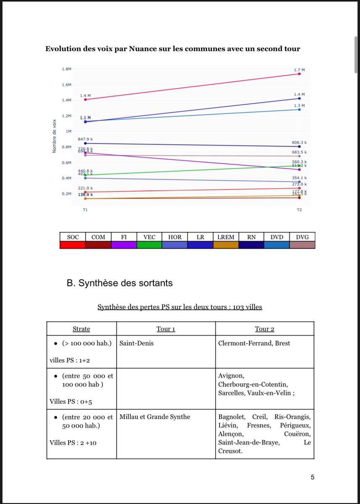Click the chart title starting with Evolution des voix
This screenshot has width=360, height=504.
pyautogui.click(x=172, y=49)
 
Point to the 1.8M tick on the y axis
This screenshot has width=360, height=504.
pyautogui.click(x=67, y=69)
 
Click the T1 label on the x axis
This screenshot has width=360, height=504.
pyautogui.click(x=85, y=209)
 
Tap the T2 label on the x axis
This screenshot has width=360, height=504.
pyautogui.click(x=299, y=209)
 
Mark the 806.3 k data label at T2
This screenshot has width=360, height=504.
pyautogui.click(x=300, y=142)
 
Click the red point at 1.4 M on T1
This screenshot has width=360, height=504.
pyautogui.click(x=85, y=100)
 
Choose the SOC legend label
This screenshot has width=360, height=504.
pyautogui.click(x=73, y=237)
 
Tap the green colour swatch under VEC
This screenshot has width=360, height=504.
pyautogui.click(x=150, y=244)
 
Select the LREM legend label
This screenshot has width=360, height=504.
pyautogui.click(x=226, y=237)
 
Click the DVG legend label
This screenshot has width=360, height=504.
pyautogui.click(x=302, y=237)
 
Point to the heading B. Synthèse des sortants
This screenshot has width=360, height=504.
pyautogui.click(x=120, y=283)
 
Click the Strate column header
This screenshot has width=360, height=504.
pyautogui.click(x=81, y=329)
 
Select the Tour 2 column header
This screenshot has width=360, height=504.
pyautogui.click(x=265, y=329)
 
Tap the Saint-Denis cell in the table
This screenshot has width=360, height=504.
pyautogui.click(x=136, y=343)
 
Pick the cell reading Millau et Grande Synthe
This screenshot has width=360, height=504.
pyautogui.click(x=155, y=417)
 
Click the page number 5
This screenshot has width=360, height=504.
pyautogui.click(x=312, y=477)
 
